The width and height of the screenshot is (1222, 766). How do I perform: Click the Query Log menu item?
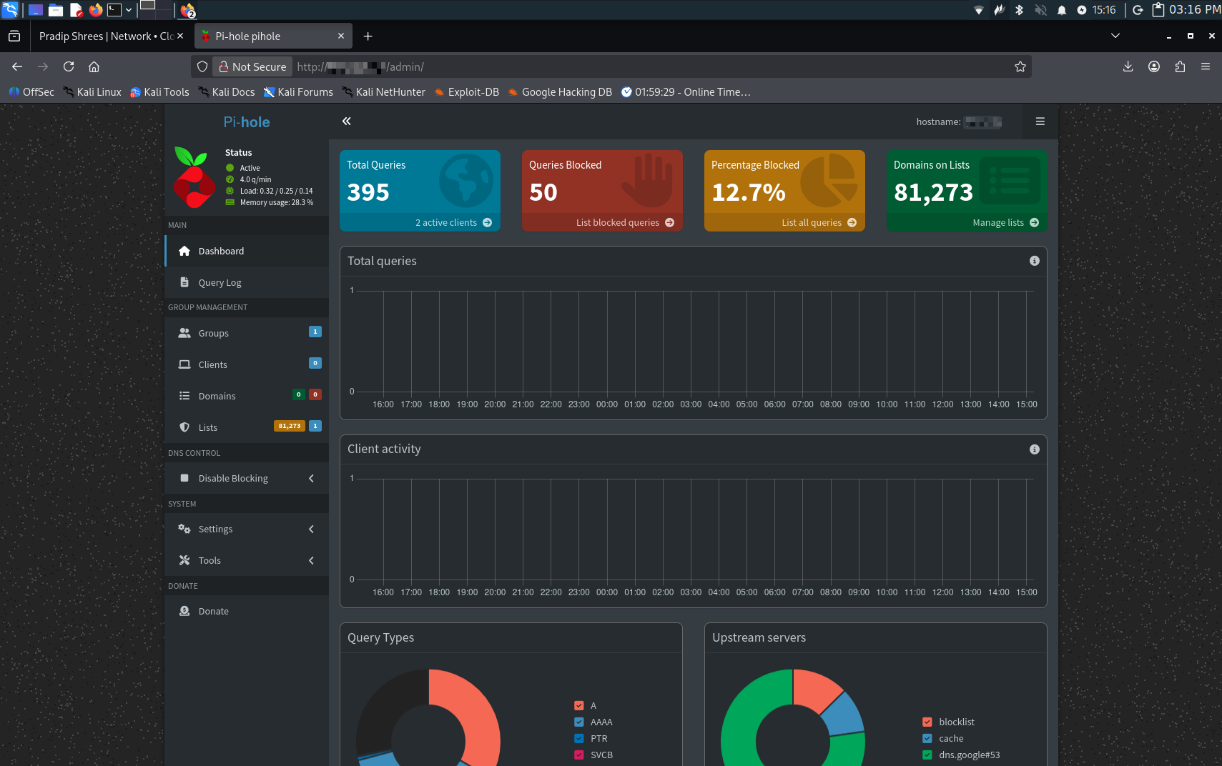point(220,282)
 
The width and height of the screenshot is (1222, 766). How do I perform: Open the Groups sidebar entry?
point(213,333)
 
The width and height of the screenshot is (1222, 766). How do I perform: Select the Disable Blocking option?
point(233,478)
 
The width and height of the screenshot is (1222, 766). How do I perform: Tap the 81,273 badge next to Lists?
point(289,426)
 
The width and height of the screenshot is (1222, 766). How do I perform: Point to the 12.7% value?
point(748,192)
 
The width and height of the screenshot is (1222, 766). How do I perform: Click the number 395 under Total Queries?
point(368,192)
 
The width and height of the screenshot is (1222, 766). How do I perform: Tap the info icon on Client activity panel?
point(1034,449)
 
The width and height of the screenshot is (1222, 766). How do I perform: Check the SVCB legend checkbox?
point(579,755)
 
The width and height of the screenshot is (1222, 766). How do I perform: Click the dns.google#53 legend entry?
point(969,755)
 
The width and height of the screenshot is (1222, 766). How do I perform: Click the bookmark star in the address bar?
point(1020,66)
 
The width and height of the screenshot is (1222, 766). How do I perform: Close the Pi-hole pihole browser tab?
point(341,36)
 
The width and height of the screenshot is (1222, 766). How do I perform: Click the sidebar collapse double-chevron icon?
point(347,121)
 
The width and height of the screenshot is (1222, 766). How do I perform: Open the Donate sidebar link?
point(213,611)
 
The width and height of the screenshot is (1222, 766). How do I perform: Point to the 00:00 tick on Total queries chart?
point(607,404)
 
